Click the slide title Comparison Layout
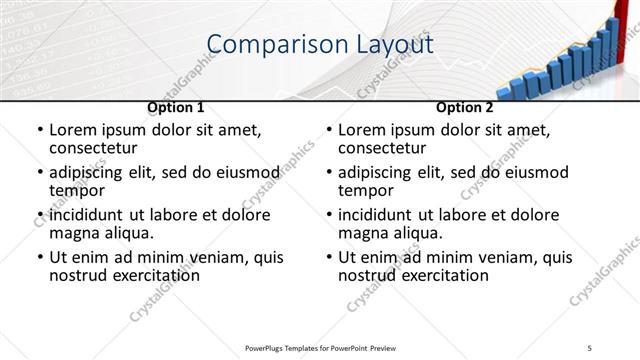pyautogui.click(x=319, y=44)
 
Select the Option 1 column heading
pyautogui.click(x=176, y=107)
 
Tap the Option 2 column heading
pyautogui.click(x=464, y=107)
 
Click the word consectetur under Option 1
pyautogui.click(x=96, y=148)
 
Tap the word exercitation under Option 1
pyautogui.click(x=146, y=275)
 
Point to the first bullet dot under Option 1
pyautogui.click(x=39, y=131)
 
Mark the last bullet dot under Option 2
pyautogui.click(x=328, y=258)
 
